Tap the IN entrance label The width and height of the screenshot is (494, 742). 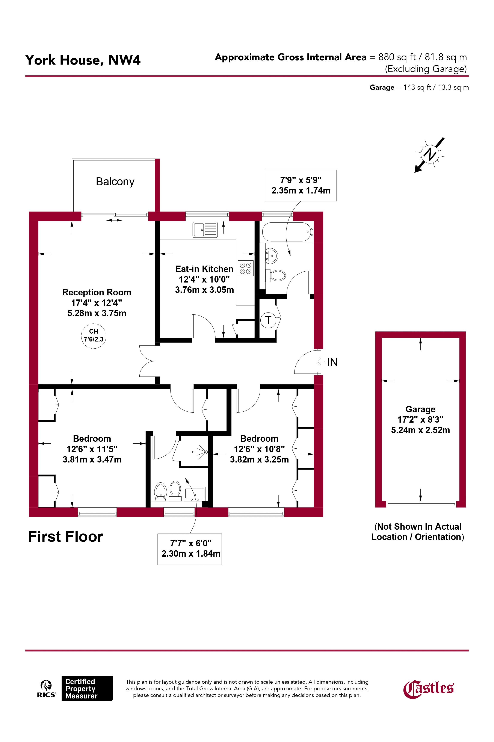point(332,362)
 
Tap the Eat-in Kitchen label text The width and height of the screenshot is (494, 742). point(204,269)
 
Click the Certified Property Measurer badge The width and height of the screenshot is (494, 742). point(87,688)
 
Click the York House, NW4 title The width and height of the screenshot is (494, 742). point(83,60)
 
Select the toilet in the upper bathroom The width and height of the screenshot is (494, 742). point(276,275)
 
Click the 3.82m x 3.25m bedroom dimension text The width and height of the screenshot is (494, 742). point(259,460)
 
